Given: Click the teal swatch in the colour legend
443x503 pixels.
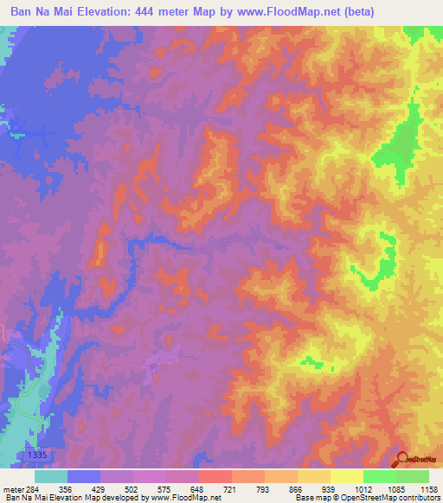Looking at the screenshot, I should tap(51, 476).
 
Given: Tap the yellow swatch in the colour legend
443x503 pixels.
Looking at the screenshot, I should tap(346, 476).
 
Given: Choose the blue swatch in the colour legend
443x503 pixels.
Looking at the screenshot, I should tap(84, 476).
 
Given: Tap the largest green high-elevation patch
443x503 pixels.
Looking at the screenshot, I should tap(397, 143).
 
